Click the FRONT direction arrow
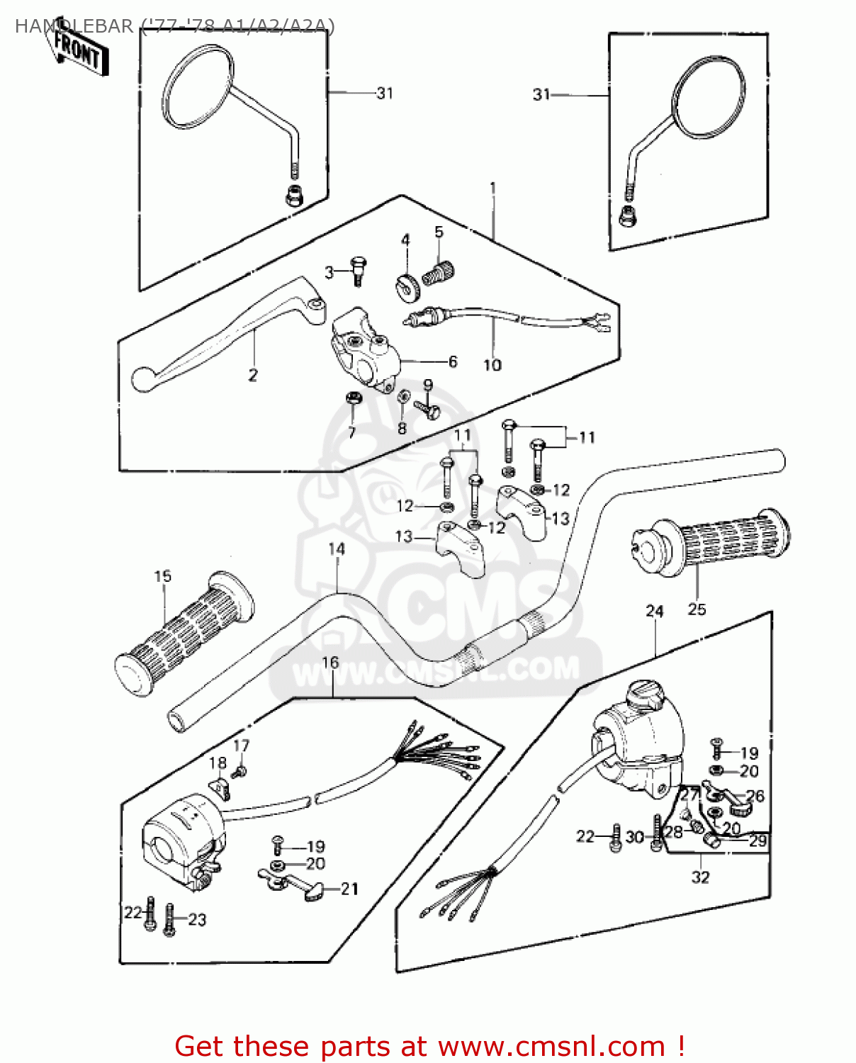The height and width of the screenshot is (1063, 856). (80, 50)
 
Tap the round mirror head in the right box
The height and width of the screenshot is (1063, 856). (708, 96)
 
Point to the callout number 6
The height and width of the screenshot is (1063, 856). (453, 361)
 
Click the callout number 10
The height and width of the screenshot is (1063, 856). (492, 365)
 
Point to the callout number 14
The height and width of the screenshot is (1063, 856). (337, 549)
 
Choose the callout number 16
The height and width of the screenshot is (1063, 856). (330, 663)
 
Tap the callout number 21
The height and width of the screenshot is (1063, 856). (349, 889)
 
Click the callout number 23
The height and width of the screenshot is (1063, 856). (197, 920)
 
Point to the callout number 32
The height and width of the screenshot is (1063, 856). (700, 877)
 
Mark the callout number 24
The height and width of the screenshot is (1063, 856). (655, 611)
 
